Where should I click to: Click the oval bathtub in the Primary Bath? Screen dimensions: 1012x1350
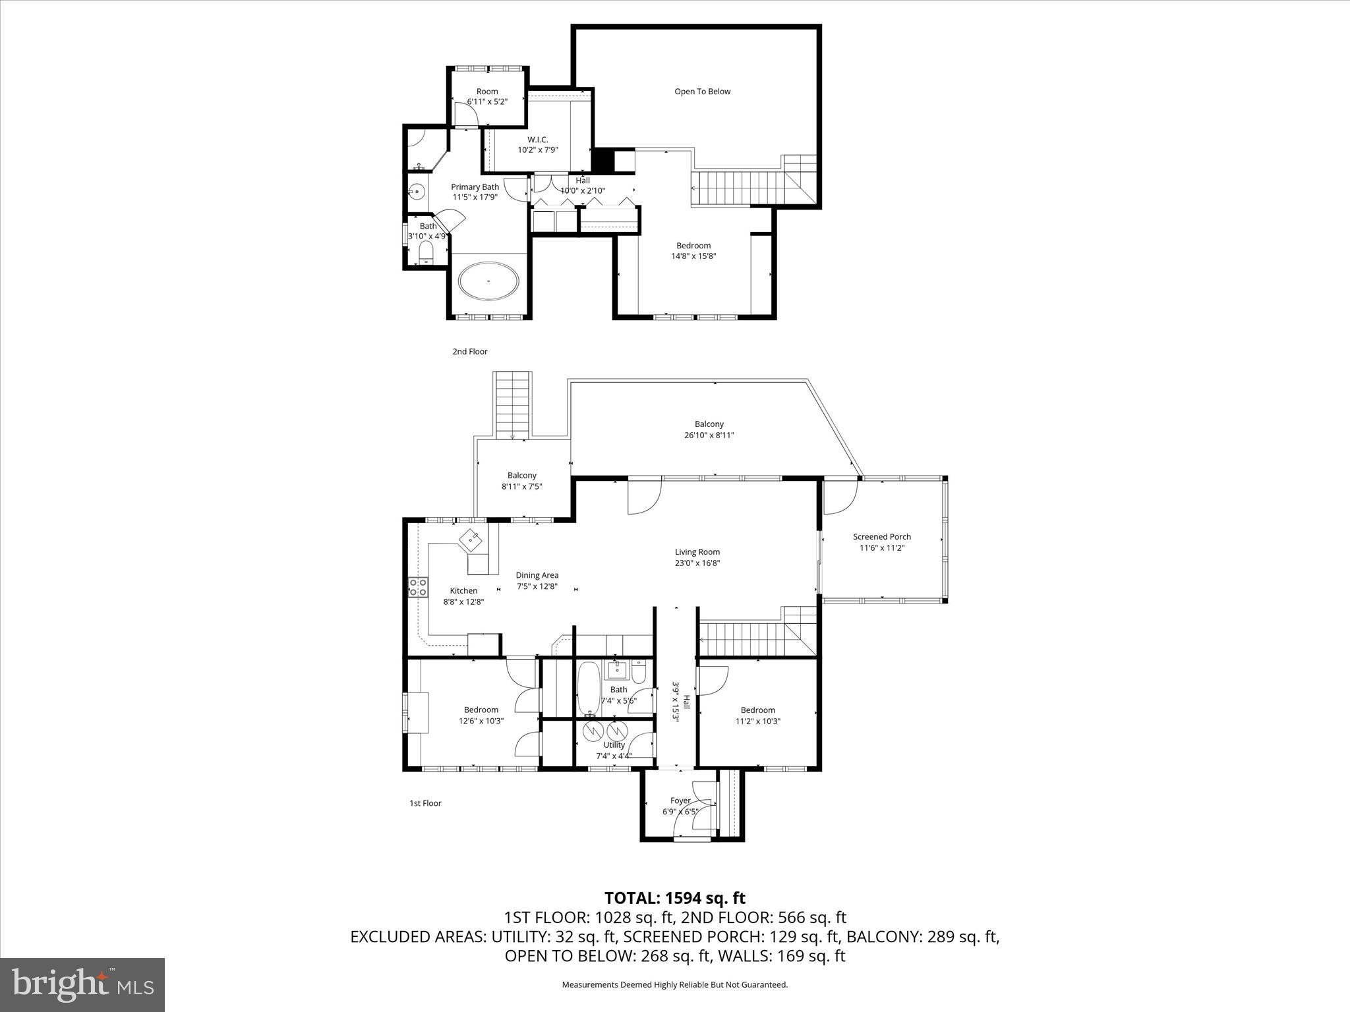(x=488, y=281)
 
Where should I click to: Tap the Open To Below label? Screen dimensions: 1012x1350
(x=702, y=92)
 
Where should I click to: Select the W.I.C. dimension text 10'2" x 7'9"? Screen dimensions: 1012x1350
(x=537, y=150)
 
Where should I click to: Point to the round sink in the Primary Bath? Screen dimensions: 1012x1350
(x=417, y=192)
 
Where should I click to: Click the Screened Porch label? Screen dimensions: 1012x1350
(x=881, y=536)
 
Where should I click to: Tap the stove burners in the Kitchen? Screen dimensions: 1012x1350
(x=417, y=587)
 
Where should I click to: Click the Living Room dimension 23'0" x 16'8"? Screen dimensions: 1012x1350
(x=697, y=563)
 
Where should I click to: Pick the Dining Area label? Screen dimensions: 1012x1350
(x=537, y=575)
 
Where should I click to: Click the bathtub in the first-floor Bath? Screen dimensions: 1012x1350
(x=588, y=689)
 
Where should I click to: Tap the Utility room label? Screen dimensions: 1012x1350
(x=614, y=745)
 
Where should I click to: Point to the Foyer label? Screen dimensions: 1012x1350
(x=680, y=801)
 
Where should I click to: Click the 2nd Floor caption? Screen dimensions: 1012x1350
(x=469, y=352)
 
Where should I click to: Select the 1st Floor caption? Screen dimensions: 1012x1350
(x=425, y=803)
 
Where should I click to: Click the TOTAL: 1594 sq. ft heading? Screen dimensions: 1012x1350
(x=674, y=898)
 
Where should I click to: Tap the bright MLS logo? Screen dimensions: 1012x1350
(x=82, y=984)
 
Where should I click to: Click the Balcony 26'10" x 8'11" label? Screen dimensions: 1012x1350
(x=709, y=430)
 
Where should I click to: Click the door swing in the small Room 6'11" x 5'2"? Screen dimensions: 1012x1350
(x=465, y=113)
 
